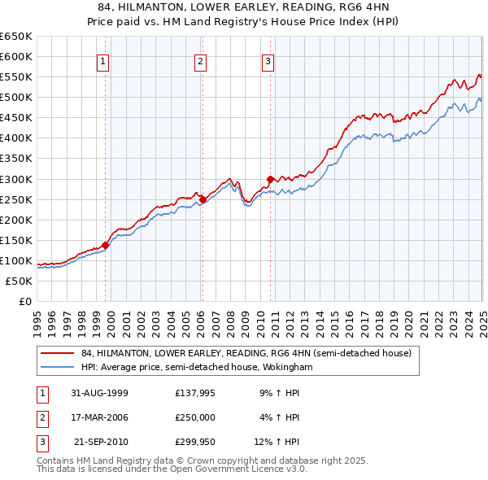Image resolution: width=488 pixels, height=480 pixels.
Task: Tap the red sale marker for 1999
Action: point(106,245)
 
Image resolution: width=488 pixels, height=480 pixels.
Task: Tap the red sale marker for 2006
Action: point(203,199)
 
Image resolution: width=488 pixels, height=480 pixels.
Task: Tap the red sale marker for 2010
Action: point(270,178)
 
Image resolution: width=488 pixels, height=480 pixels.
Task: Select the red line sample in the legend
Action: point(57,354)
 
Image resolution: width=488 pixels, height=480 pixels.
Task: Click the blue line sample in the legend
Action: point(57,368)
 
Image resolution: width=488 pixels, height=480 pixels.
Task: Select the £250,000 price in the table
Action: point(195,417)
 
